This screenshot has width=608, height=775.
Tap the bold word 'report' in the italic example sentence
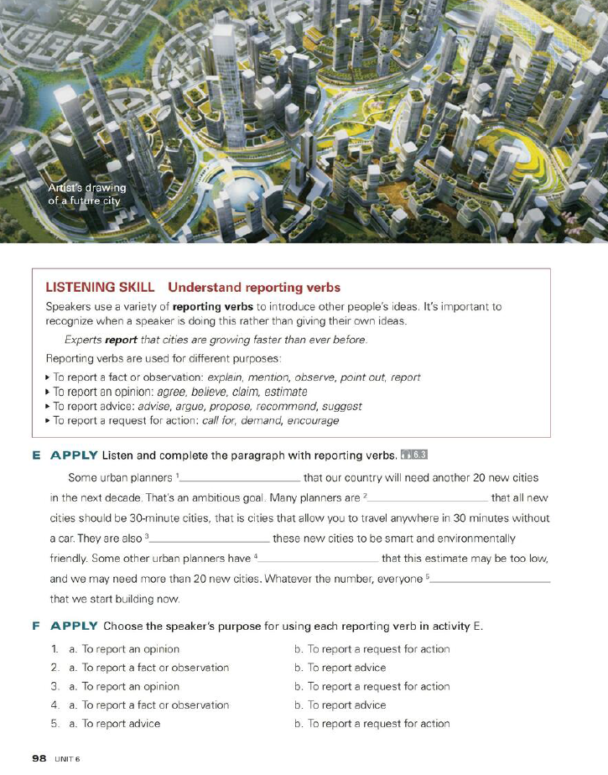120,340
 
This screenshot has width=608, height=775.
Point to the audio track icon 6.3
415,455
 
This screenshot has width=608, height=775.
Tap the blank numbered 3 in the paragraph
210,539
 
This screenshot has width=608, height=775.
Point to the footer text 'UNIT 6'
67,758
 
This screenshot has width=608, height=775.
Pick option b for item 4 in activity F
340,705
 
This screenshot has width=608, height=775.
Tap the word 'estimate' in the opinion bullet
284,392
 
